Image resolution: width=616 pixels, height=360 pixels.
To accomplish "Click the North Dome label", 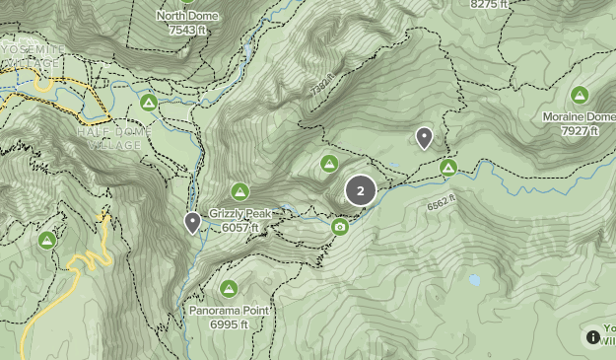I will (187, 16).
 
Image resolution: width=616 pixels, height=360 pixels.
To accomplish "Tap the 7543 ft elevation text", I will (187, 30).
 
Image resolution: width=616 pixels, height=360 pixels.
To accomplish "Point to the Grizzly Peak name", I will (241, 213).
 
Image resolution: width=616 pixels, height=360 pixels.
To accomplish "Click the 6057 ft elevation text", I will (241, 227).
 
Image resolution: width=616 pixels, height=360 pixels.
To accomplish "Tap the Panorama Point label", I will (229, 311).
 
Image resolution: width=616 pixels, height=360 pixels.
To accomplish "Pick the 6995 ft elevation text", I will (229, 324).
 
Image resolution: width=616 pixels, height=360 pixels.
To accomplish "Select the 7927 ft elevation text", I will (580, 130).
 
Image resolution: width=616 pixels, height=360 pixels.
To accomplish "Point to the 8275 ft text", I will (490, 5).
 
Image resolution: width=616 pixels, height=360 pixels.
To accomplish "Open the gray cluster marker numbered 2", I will (361, 190).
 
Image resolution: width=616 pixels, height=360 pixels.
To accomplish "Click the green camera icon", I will (340, 227).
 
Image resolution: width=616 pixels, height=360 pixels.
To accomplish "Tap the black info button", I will (593, 336).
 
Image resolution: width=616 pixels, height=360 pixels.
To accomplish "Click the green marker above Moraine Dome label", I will (580, 95).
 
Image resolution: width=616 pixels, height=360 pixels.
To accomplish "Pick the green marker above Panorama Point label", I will (229, 288).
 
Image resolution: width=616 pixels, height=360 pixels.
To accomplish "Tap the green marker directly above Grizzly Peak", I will (240, 190).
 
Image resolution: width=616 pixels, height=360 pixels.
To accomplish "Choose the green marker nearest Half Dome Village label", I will (149, 102).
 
